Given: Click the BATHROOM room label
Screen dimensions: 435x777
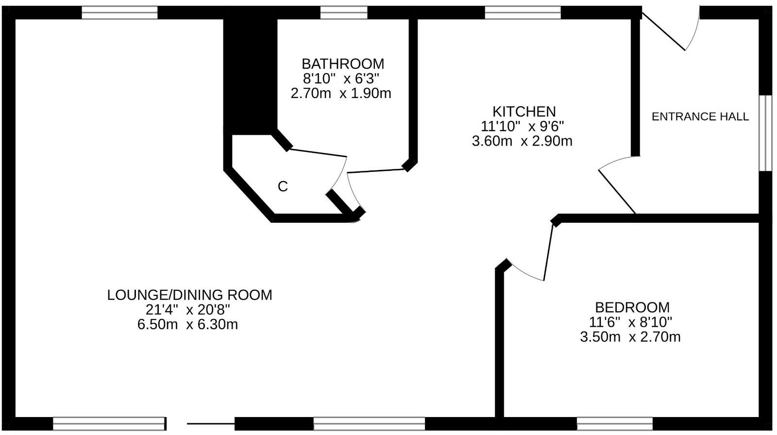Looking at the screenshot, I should (x=342, y=64).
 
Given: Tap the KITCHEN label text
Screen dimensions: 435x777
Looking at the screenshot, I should (x=524, y=111).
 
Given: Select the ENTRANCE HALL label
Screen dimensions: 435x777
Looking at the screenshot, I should (x=700, y=117).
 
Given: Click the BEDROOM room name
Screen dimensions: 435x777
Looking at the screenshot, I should (x=632, y=307).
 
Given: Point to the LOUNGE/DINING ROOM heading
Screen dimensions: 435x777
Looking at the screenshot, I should (x=189, y=295).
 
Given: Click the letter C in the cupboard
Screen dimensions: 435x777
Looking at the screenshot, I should (x=283, y=186).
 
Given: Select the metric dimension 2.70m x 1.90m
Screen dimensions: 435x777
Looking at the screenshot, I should (x=340, y=93).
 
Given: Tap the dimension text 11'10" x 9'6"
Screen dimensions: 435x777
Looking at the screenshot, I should (x=522, y=126).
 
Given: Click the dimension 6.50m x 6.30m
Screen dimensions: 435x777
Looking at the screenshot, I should (x=187, y=324).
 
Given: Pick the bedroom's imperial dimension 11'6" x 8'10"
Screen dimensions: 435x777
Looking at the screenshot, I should (x=630, y=322).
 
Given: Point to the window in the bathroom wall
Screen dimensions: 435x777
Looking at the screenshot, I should (x=344, y=13).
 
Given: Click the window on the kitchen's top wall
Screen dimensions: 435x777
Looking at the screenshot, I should (x=523, y=13).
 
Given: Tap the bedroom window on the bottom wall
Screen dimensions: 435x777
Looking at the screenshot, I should (x=614, y=423).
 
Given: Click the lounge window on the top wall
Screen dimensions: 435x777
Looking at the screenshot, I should (x=119, y=13).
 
